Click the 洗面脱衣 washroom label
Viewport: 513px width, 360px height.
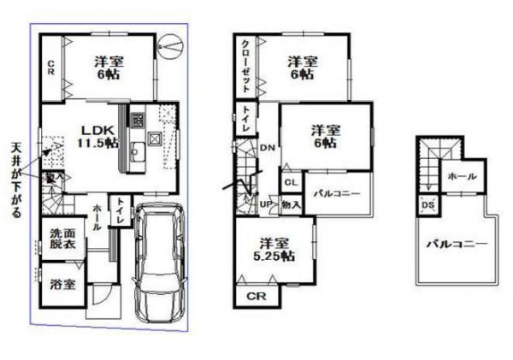(x=60, y=239)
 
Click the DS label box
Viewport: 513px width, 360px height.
(x=426, y=205)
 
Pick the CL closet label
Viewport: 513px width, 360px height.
(x=291, y=182)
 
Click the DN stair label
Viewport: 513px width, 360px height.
(x=267, y=147)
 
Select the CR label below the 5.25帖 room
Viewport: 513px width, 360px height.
(x=254, y=296)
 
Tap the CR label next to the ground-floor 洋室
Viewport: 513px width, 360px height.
(x=50, y=67)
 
